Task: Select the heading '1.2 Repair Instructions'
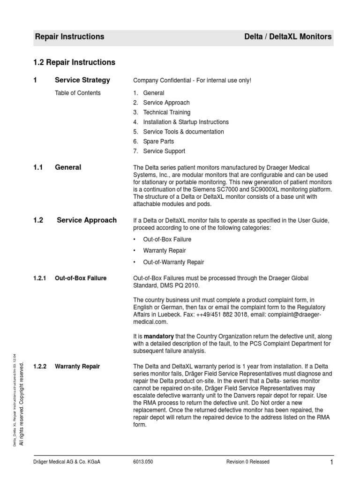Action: [75, 62]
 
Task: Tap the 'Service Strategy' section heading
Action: [82, 80]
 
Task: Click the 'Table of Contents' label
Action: [78, 93]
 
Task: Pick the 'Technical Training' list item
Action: [167, 112]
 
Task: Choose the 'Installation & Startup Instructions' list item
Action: [186, 122]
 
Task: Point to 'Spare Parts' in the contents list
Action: [158, 142]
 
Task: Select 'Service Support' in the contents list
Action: [164, 151]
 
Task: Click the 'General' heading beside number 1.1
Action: [68, 167]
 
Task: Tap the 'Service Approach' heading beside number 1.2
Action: [87, 220]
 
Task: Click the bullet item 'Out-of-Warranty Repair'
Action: [173, 262]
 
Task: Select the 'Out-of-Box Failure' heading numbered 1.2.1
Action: [81, 278]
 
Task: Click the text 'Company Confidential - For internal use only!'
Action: [192, 81]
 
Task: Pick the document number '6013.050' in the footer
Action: [143, 462]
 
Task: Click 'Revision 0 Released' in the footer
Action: [248, 462]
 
